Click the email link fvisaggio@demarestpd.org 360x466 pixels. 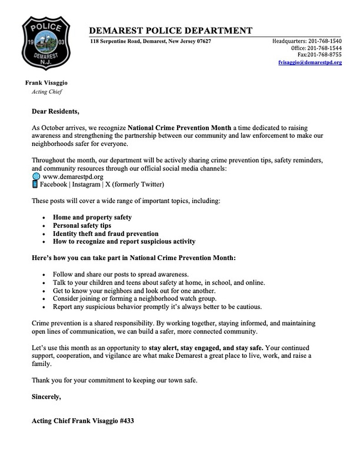point(310,62)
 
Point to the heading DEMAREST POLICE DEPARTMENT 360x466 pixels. point(170,31)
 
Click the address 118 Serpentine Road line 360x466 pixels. point(150,41)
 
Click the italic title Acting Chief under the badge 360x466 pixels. point(46,91)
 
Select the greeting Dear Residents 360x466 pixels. point(55,111)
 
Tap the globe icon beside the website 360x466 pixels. point(36,176)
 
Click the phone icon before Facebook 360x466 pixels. point(35,184)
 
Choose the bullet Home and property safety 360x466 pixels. point(92,217)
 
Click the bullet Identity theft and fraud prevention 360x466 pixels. point(105,233)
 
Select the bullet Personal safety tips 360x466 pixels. point(82,225)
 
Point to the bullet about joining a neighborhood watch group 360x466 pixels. point(135,298)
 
